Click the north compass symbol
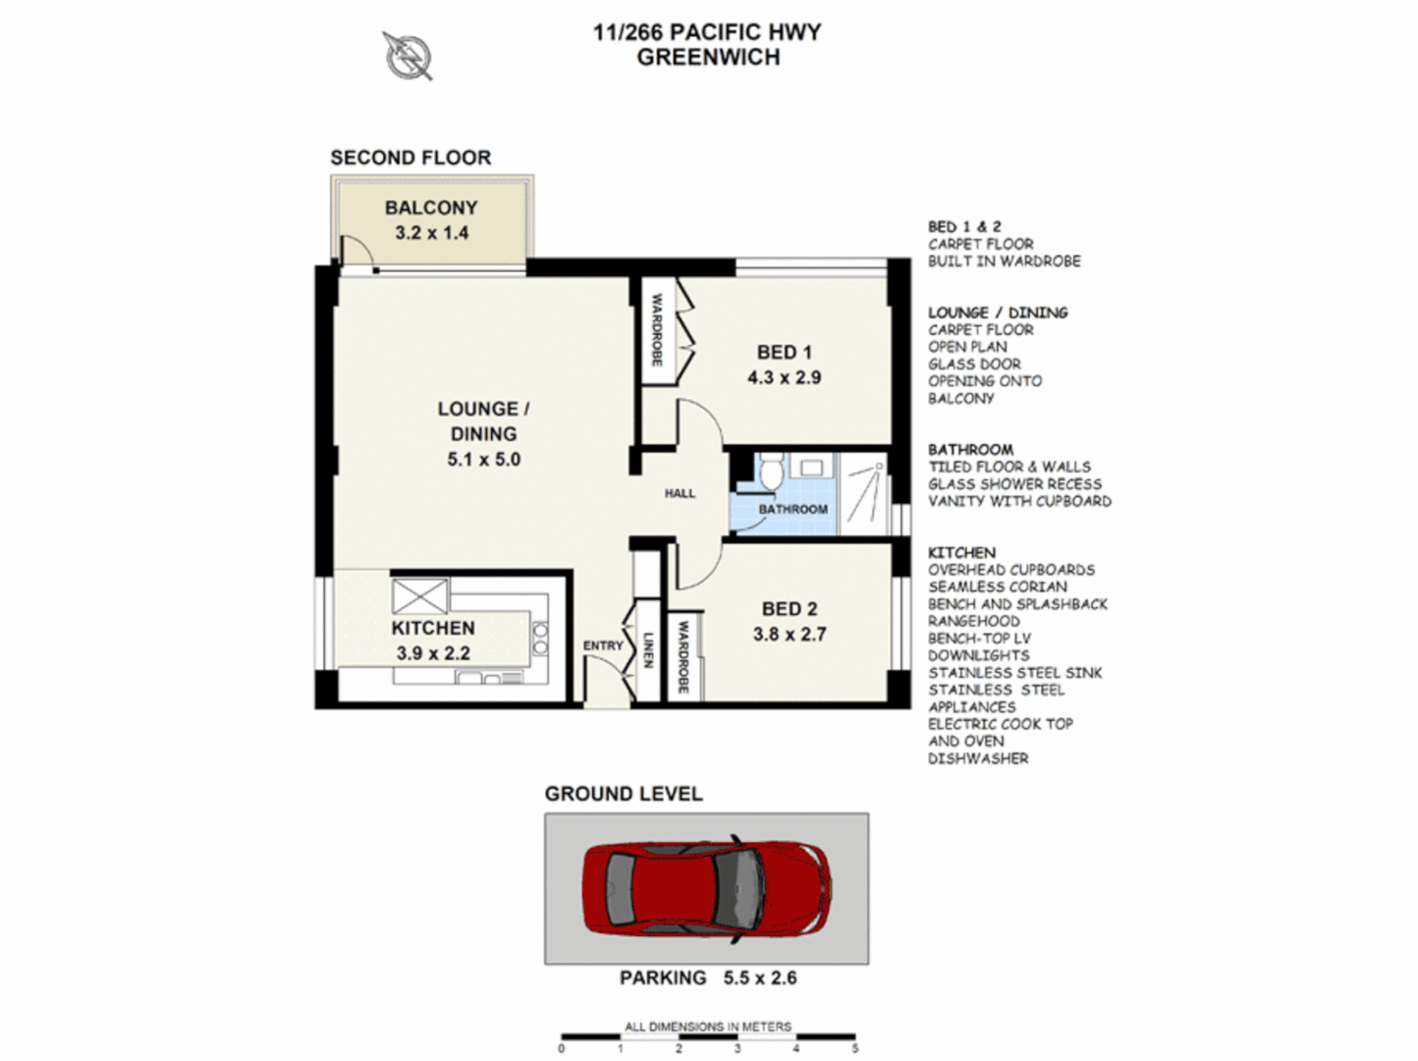tap(407, 55)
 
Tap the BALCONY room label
tap(431, 208)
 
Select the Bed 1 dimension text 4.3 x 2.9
tap(784, 377)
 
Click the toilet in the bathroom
tap(771, 471)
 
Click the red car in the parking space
tap(706, 888)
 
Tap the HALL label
tap(680, 494)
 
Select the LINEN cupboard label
tap(648, 649)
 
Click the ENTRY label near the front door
tap(603, 645)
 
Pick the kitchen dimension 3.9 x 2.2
tap(433, 653)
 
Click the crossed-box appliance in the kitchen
tap(419, 596)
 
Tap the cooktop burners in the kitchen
tap(539, 639)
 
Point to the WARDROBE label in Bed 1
tap(657, 330)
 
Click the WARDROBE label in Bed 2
tap(683, 656)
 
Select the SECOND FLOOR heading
tap(410, 157)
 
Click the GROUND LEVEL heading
tap(624, 794)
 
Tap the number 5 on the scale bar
tap(854, 1048)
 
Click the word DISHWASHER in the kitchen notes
tap(978, 758)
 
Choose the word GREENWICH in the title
tap(708, 58)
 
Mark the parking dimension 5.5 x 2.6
tap(760, 978)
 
